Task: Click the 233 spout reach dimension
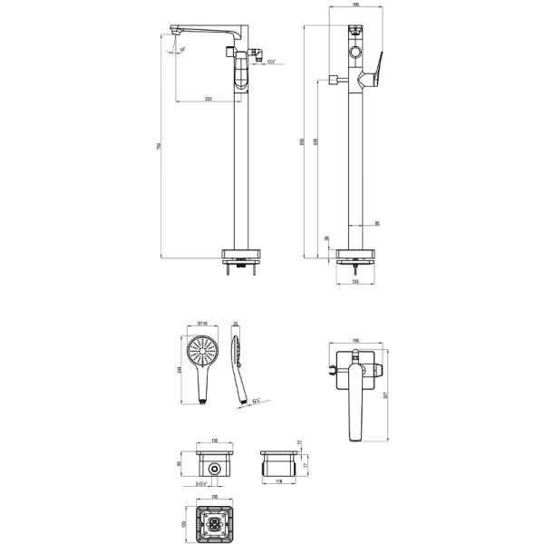(x=209, y=97)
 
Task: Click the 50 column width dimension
(x=377, y=222)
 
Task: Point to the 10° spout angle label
(x=182, y=50)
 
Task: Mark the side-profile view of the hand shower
(x=239, y=367)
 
